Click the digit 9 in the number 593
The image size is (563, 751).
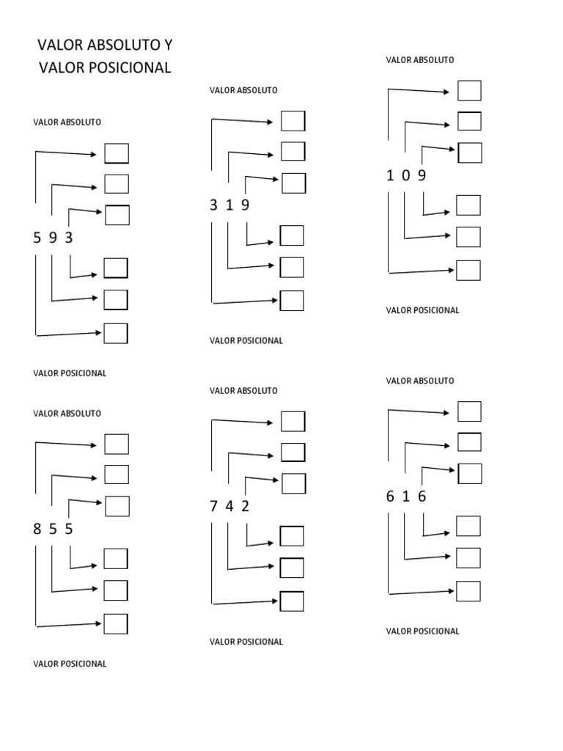[53, 238]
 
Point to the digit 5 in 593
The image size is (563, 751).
[37, 238]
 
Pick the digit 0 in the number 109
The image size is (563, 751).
[405, 175]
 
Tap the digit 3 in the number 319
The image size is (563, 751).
[213, 205]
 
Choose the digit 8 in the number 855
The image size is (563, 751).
[37, 529]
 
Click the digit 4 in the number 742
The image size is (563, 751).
[229, 506]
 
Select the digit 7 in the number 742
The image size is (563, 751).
[213, 506]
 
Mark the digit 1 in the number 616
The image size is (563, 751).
[405, 497]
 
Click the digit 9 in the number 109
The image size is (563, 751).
[422, 175]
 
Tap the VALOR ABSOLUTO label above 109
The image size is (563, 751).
[419, 60]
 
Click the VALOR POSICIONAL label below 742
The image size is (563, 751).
[246, 642]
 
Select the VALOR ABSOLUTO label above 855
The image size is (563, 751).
[67, 414]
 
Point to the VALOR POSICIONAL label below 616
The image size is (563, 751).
[422, 631]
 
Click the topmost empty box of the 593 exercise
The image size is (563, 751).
[117, 153]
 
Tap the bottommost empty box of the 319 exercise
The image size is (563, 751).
[292, 301]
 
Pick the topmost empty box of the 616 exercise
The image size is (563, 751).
[469, 411]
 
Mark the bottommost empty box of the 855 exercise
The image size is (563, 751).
[116, 623]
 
